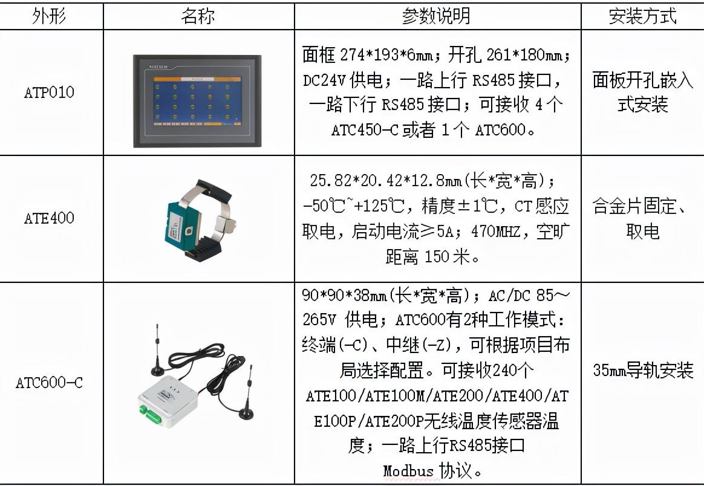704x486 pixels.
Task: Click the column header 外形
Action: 49,16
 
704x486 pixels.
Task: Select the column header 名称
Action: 198,16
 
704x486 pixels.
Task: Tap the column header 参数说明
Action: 436,16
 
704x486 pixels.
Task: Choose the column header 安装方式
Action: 642,16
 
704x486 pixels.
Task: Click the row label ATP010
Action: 49,92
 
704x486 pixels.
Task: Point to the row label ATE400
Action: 49,218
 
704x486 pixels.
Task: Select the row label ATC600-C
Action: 49,383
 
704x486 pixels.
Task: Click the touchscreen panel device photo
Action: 197,101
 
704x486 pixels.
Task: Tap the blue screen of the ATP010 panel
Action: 198,101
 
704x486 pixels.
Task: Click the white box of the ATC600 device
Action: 168,400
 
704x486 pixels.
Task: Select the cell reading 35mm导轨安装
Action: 642,370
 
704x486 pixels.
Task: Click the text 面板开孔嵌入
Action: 642,80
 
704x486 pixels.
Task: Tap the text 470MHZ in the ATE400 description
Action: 496,232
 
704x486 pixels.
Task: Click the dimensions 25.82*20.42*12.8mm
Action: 385,181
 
